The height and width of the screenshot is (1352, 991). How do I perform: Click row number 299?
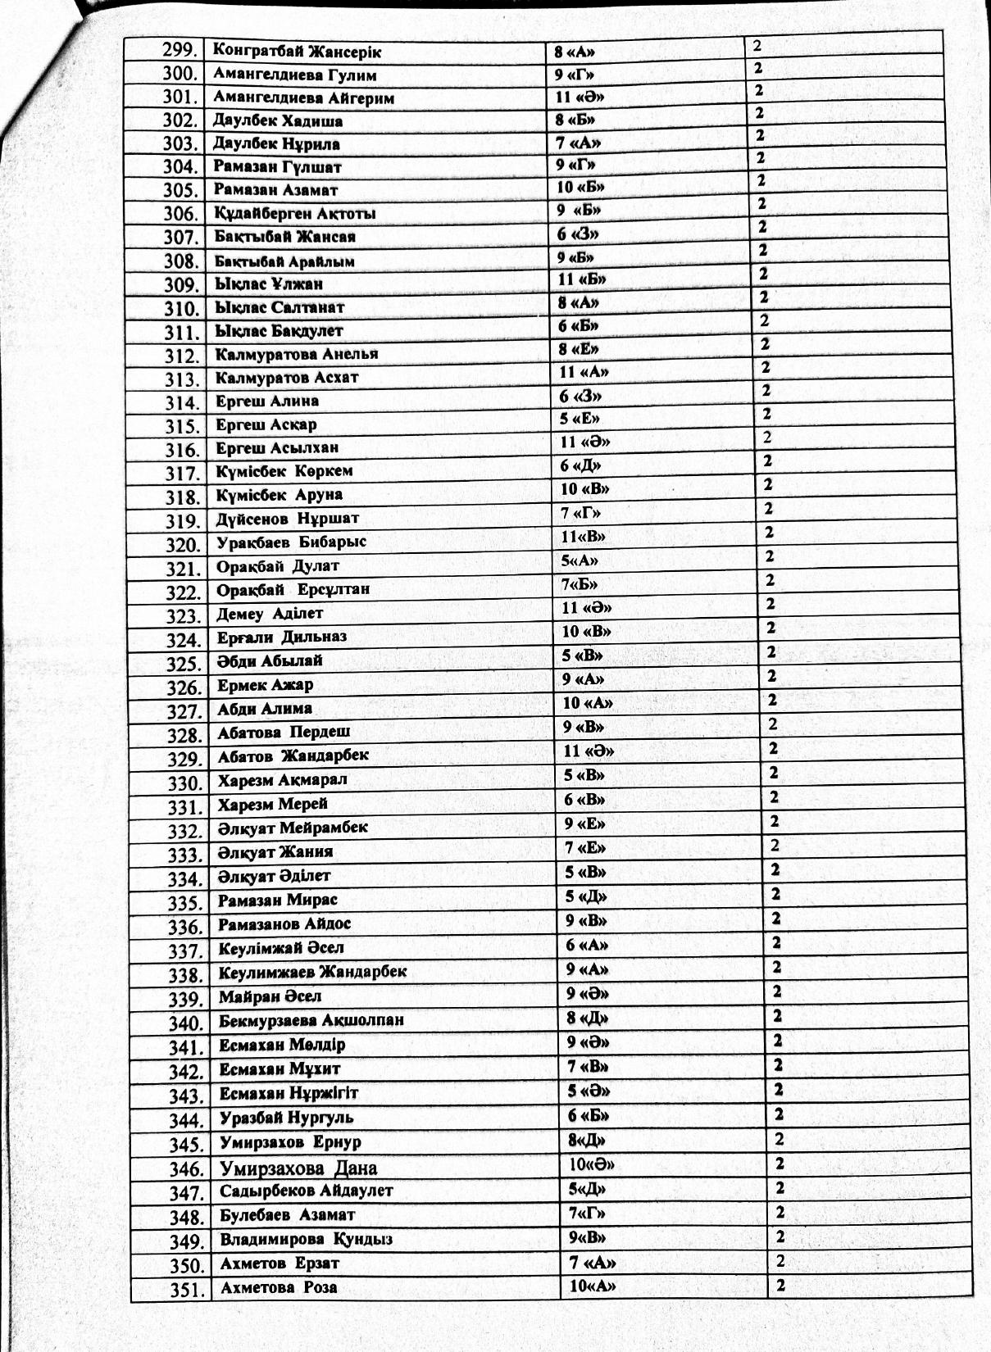tap(181, 51)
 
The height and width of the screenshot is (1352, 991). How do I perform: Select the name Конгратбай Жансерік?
tap(297, 51)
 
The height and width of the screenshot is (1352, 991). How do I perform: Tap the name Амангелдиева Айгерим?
tap(303, 98)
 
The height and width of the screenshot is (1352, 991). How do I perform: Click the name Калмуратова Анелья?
tap(297, 355)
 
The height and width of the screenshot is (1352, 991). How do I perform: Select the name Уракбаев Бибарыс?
tap(291, 542)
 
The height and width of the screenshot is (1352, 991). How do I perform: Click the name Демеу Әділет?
tap(270, 614)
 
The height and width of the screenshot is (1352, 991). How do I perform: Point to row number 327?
tap(184, 711)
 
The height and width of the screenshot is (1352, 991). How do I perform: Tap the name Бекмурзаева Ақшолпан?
tap(311, 1021)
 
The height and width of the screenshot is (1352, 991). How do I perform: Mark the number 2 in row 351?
tap(781, 1285)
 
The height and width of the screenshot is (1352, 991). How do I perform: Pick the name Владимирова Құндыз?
tap(306, 1239)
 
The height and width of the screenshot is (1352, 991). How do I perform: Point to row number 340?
tap(185, 1023)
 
